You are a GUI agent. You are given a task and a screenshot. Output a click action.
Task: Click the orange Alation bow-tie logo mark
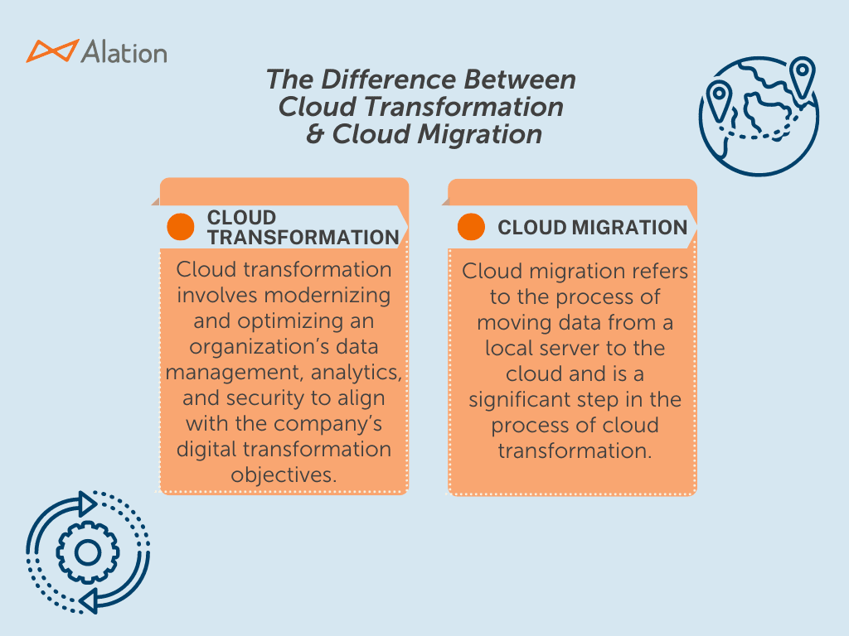click(x=53, y=51)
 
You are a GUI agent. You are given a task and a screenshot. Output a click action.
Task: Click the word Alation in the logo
click(x=124, y=52)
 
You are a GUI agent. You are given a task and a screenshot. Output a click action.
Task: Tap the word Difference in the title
click(x=386, y=80)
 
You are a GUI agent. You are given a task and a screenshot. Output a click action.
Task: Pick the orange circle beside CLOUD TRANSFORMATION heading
click(x=180, y=227)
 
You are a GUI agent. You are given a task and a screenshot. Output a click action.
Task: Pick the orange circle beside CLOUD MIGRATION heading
click(x=471, y=227)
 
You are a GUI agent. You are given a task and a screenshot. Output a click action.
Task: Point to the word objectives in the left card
click(x=283, y=475)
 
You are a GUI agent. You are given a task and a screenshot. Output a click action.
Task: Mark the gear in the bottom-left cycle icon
click(x=86, y=552)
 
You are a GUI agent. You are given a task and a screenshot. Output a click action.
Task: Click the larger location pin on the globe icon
click(x=801, y=78)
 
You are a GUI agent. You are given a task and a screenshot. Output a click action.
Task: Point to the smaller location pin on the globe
click(x=718, y=102)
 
